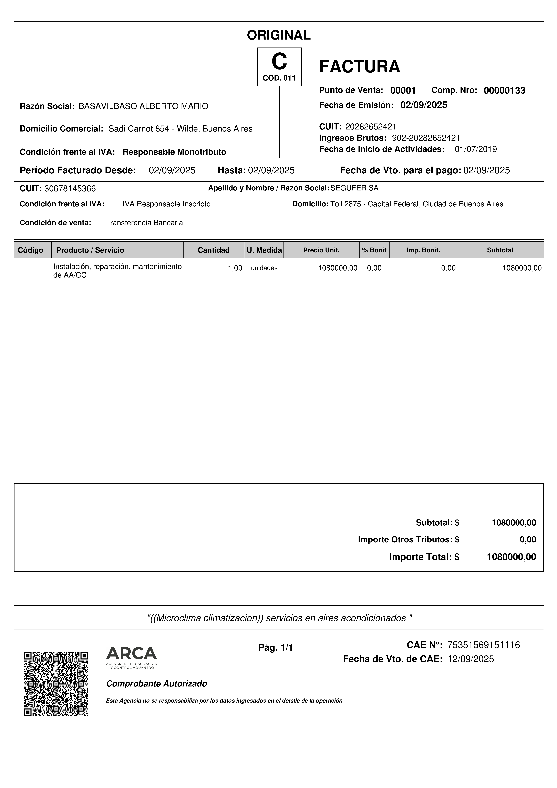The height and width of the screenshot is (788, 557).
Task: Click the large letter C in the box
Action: (x=279, y=62)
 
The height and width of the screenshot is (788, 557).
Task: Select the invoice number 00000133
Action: (x=504, y=91)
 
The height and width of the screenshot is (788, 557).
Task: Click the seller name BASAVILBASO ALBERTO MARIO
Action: (x=143, y=106)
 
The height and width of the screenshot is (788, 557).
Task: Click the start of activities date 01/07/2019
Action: (x=476, y=149)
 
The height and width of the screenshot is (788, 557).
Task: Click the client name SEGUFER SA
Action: (x=354, y=188)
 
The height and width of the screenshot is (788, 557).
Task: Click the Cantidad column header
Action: (x=213, y=250)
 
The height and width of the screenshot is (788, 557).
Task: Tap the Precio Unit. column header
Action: (x=321, y=250)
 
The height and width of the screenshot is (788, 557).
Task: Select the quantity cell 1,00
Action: (x=235, y=268)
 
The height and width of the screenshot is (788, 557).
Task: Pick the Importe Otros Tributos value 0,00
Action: (x=527, y=539)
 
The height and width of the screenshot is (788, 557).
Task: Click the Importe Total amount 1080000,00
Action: (x=511, y=557)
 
